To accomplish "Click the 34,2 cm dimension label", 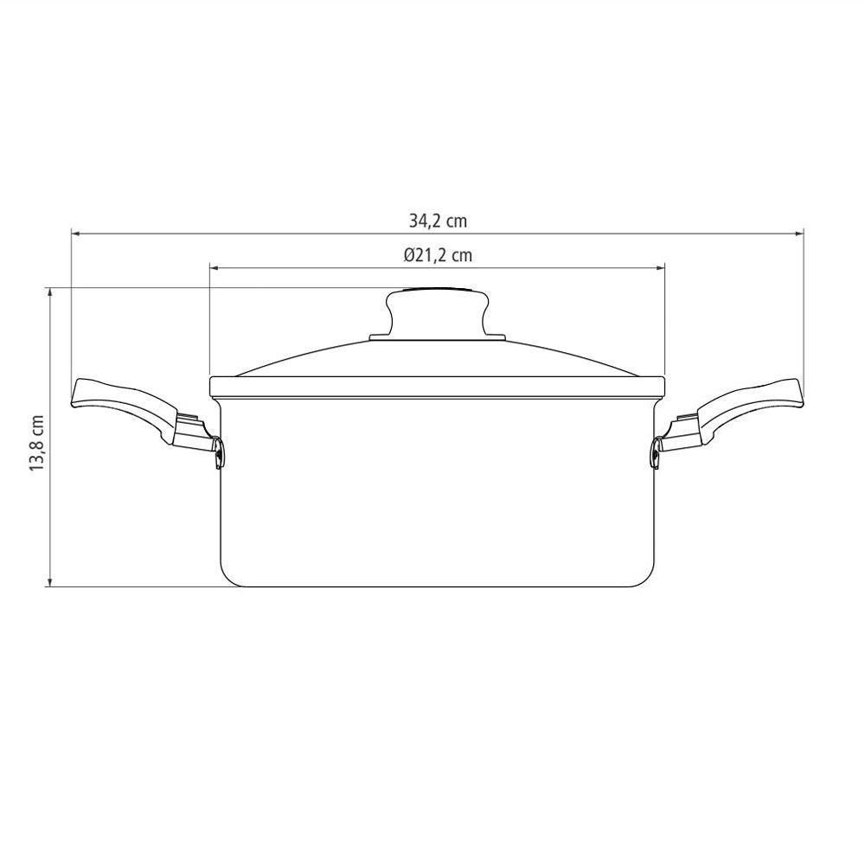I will [x=438, y=221].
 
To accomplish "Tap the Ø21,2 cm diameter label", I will [x=438, y=255].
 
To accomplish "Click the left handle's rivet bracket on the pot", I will [x=218, y=451].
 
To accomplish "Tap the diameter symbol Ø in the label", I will [x=408, y=255].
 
